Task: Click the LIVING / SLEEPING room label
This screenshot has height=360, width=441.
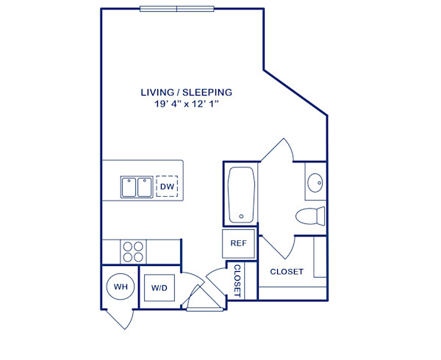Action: [187, 93]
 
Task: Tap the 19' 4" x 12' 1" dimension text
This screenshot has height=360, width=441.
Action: [187, 105]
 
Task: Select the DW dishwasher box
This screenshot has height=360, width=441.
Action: [167, 187]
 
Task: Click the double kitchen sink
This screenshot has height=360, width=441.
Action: [137, 187]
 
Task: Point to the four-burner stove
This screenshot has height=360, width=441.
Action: [133, 252]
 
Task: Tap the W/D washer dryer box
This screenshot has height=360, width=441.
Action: [159, 288]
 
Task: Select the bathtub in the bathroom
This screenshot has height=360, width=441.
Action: [242, 195]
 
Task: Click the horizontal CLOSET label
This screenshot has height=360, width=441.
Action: [287, 272]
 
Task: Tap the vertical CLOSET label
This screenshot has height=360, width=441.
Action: [237, 281]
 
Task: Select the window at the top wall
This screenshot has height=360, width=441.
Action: [176, 9]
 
